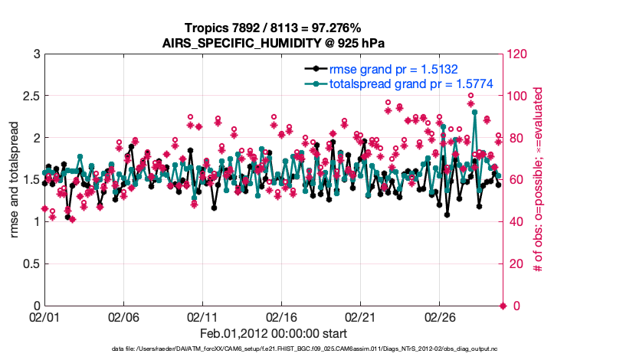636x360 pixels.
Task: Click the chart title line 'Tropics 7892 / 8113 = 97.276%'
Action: pyautogui.click(x=274, y=28)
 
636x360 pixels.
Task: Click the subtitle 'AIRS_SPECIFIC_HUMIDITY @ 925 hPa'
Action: pyautogui.click(x=274, y=42)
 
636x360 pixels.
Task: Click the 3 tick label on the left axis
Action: pyautogui.click(x=35, y=54)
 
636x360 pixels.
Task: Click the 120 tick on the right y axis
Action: pyautogui.click(x=518, y=54)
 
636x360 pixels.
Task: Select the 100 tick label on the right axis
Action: pyautogui.click(x=518, y=97)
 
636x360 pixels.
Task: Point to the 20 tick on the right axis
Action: pyautogui.click(x=515, y=264)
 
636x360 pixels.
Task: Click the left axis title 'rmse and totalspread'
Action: pyautogui.click(x=15, y=180)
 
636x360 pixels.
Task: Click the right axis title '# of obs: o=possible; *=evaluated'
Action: pyautogui.click(x=539, y=180)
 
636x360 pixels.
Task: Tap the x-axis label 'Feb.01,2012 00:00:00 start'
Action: pyautogui.click(x=274, y=333)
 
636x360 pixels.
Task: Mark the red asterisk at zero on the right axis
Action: pyautogui.click(x=503, y=306)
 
